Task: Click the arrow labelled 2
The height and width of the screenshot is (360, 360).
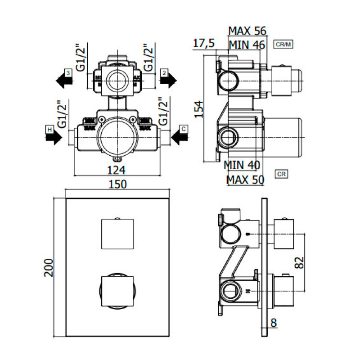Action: [x=168, y=80]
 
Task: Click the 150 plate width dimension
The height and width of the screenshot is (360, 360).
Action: [x=117, y=184]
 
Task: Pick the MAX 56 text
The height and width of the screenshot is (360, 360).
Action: [x=247, y=31]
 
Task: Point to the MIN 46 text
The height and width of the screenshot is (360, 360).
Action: [x=247, y=44]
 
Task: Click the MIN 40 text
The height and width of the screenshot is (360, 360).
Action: [x=242, y=165]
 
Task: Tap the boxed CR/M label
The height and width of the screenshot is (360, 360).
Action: [x=283, y=44]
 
